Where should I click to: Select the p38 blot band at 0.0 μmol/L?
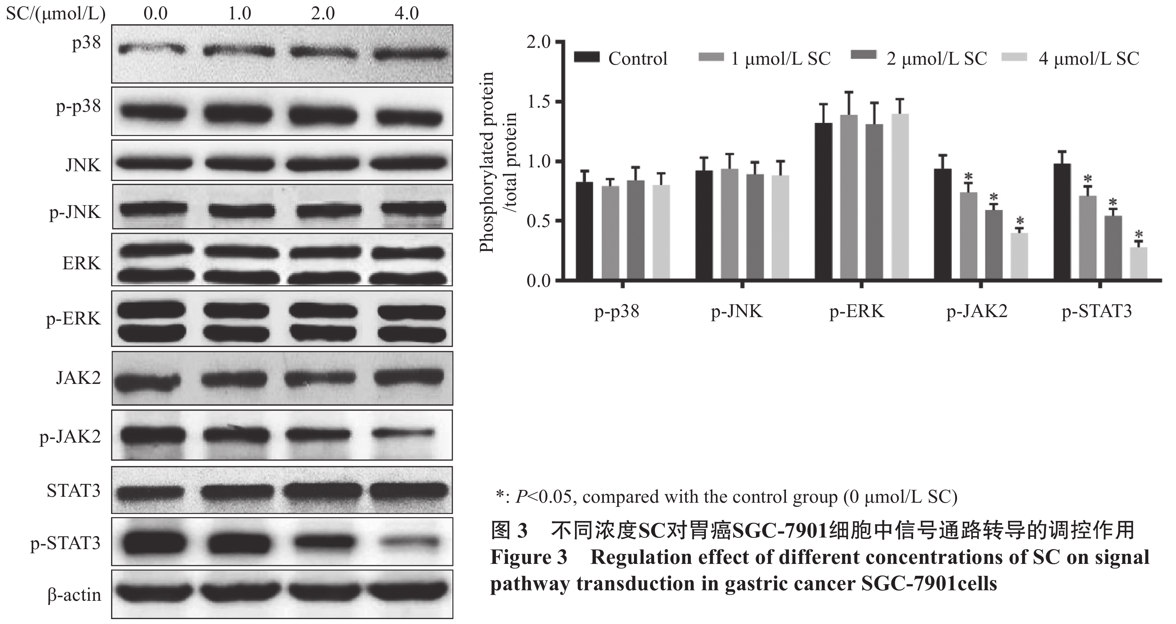coord(152,49)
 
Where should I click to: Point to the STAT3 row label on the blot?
coord(73,491)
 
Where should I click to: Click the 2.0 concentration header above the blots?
coord(323,13)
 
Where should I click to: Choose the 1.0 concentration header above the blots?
coord(239,13)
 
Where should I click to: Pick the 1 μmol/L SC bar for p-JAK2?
coord(968,236)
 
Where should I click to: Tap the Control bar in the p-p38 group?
coord(584,231)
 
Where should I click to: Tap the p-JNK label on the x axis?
coord(736,312)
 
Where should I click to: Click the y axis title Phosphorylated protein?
coord(487,162)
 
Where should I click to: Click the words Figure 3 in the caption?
coord(528,557)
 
